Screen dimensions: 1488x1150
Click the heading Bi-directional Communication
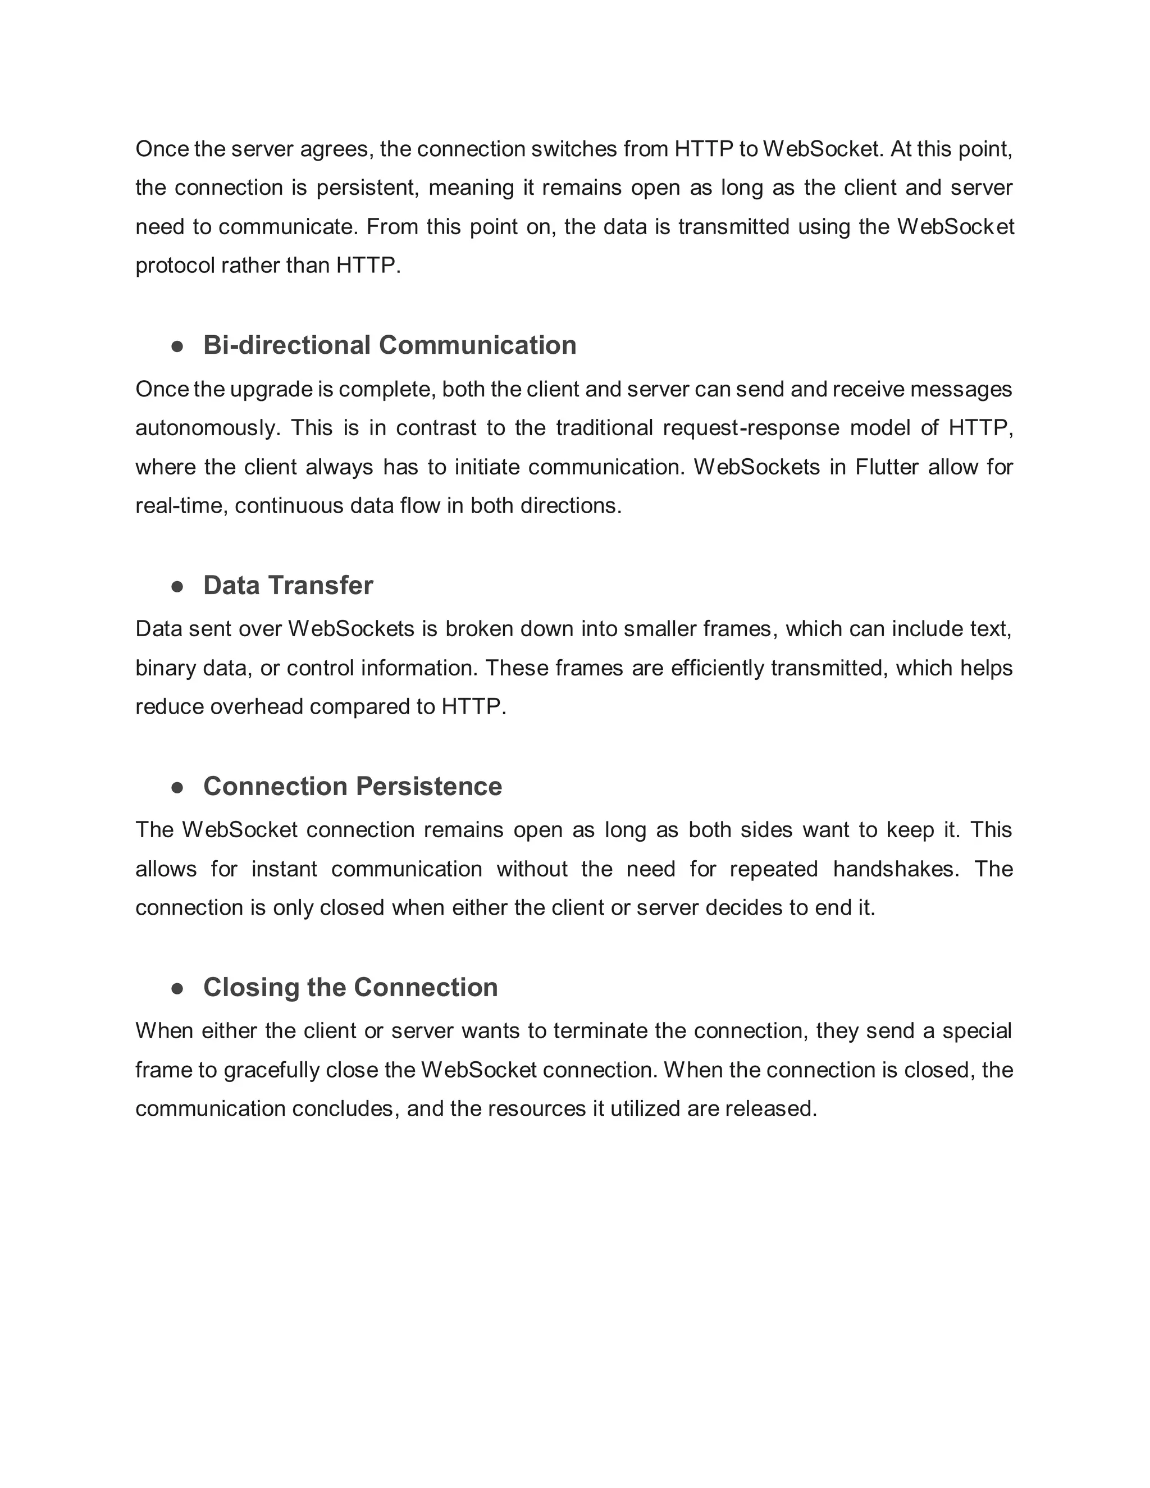(389, 345)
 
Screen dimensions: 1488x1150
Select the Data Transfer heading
(287, 586)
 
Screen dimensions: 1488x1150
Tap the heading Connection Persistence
(352, 786)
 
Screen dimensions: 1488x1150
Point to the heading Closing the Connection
(350, 987)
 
